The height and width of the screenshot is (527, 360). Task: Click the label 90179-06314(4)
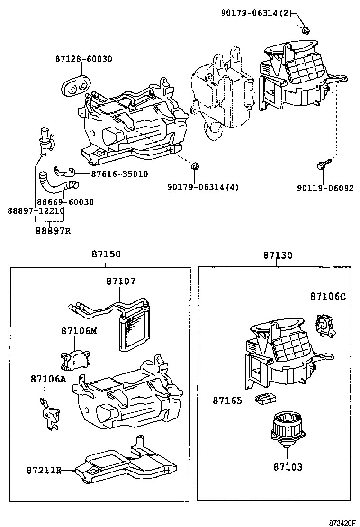coord(203,187)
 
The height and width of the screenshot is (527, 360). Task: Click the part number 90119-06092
coord(325,188)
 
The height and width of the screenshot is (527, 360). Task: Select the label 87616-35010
coord(119,174)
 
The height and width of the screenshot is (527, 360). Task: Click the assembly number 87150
coord(106,254)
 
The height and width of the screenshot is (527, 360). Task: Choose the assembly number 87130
coord(278,255)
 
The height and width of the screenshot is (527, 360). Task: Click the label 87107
coord(120,281)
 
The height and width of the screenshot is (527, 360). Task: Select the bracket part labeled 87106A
coord(49,413)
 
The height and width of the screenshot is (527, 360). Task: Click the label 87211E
coord(44,470)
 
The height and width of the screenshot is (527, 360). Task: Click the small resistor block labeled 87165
coord(264,399)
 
